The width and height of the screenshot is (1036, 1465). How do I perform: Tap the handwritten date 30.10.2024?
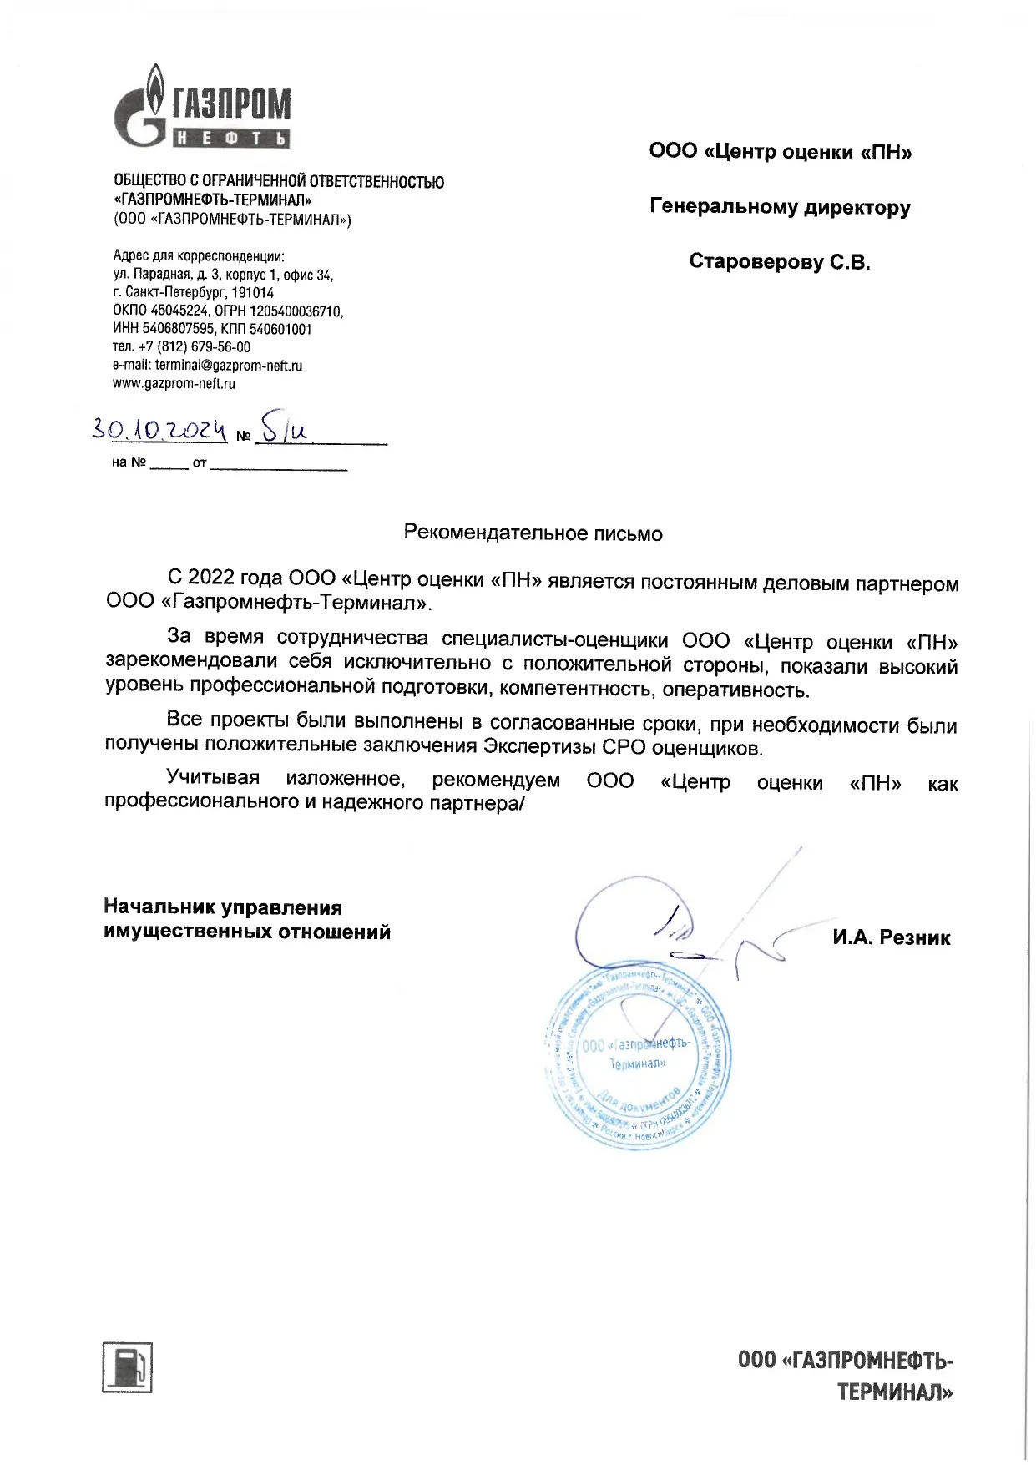pos(159,431)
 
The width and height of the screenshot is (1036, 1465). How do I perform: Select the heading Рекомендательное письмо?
pos(533,533)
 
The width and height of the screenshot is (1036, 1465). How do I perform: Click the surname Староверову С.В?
pos(779,262)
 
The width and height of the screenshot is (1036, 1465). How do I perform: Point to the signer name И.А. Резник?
pos(891,938)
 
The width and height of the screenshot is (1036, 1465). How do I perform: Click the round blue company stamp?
pos(637,1058)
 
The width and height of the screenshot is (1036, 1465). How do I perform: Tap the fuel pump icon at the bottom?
pos(127,1367)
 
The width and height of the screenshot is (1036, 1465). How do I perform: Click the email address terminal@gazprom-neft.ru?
pos(228,366)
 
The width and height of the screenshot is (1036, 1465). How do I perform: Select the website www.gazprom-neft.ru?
pos(174,384)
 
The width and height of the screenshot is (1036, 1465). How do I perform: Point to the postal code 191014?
pos(252,293)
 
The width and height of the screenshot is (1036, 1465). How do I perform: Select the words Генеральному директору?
pos(780,207)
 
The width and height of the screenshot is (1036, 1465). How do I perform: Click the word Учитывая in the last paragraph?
pos(213,778)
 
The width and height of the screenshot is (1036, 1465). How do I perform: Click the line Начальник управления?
pos(223,907)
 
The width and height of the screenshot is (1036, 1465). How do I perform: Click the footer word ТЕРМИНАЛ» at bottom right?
pos(895,1392)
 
